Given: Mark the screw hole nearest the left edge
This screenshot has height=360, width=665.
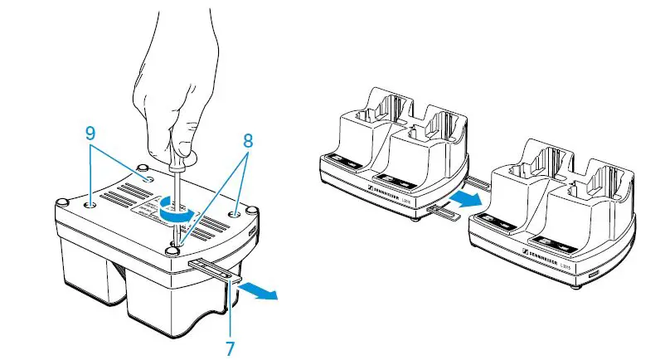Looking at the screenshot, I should coord(90,200).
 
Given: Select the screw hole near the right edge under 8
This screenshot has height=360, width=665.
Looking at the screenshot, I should coord(239,212).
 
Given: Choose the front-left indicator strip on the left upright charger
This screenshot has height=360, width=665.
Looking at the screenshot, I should coord(342,163).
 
